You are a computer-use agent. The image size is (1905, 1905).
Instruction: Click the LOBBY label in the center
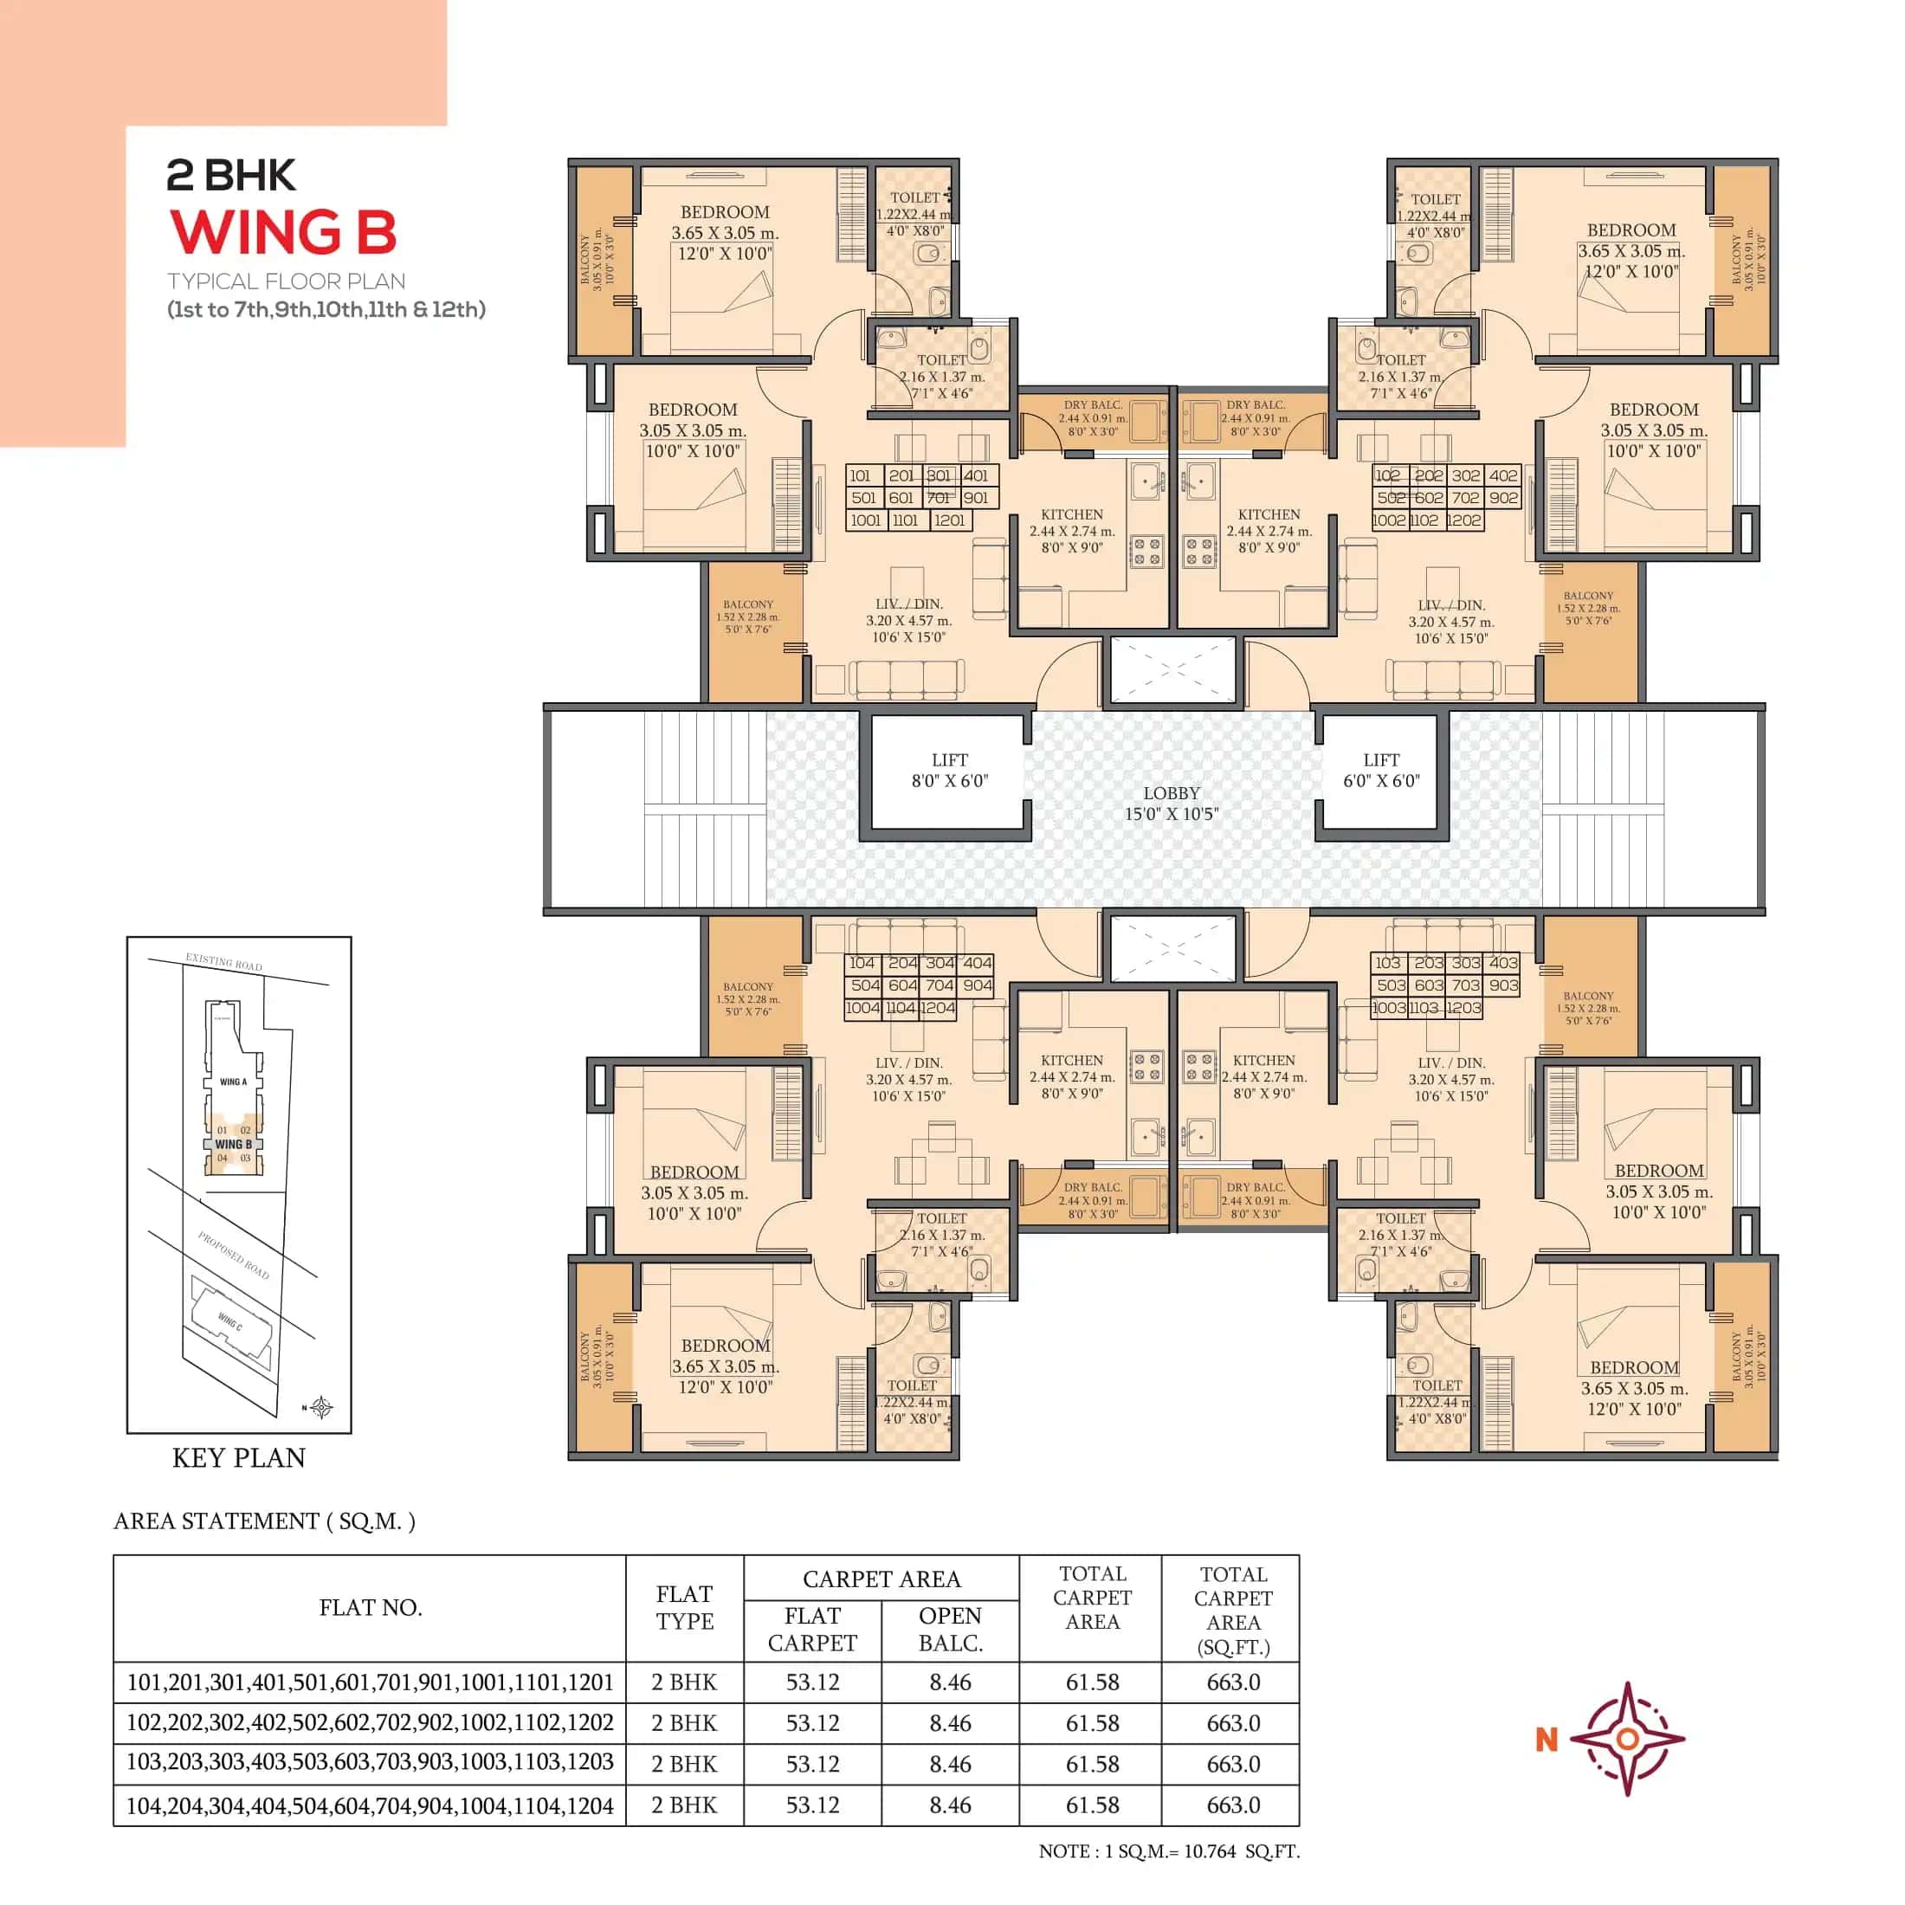1171,803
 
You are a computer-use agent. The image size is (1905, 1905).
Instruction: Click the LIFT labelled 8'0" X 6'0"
948,770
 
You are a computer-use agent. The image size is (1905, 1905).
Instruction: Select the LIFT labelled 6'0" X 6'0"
1380,770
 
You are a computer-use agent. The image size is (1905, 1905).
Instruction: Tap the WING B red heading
283,233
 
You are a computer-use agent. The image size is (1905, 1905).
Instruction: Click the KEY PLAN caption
239,1457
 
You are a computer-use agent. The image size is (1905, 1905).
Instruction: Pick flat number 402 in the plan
1502,475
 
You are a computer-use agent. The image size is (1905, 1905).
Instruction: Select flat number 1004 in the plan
862,1008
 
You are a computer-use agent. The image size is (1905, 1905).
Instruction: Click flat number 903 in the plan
1502,985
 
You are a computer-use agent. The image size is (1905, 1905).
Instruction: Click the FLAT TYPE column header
684,1607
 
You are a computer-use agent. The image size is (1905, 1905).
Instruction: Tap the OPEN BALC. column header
950,1629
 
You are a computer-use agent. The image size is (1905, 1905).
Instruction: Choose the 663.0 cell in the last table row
1232,1805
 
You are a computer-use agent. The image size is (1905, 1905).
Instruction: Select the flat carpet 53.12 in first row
812,1682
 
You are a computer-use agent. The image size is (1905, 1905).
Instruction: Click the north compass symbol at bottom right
1627,1739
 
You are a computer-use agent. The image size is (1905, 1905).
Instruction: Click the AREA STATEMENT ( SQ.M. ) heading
264,1521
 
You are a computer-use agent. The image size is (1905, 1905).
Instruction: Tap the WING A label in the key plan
234,1082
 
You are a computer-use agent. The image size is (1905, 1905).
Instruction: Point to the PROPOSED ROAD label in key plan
233,1254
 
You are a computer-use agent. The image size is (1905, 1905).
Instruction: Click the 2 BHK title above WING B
230,176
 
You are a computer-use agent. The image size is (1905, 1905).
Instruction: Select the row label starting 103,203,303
370,1762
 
